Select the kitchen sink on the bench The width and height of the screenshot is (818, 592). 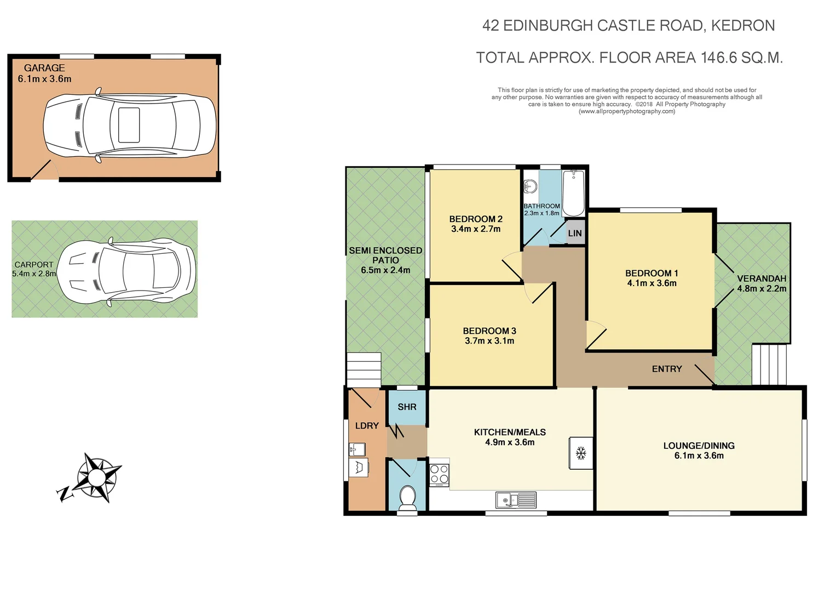point(516,500)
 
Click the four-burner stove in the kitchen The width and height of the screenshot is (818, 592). point(439,475)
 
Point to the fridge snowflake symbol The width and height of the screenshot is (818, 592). point(581,453)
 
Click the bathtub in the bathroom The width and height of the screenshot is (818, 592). point(573,193)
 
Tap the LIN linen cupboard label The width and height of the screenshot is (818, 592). point(575,234)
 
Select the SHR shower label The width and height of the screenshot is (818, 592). point(407,407)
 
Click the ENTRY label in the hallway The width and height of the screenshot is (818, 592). point(666,369)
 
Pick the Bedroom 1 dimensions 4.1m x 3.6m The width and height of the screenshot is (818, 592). point(652,283)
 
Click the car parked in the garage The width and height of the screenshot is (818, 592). point(129,126)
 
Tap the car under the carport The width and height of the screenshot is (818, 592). point(126,271)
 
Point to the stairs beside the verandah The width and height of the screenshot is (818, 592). point(769,365)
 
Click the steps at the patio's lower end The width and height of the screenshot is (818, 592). point(364,370)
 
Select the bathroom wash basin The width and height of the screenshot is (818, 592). point(529,187)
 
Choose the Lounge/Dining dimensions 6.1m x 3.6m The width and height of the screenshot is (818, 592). point(699,456)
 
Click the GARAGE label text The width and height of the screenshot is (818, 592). point(44,68)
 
